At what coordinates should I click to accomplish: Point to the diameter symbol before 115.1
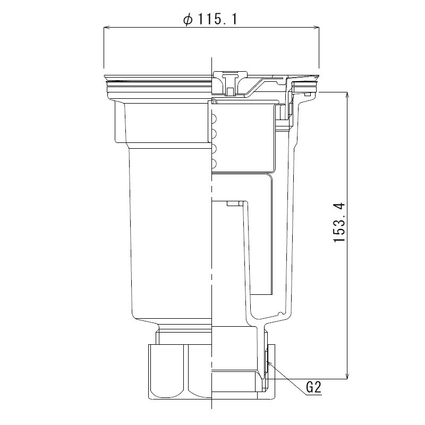point(188,20)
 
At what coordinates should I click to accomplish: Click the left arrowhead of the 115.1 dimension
point(106,28)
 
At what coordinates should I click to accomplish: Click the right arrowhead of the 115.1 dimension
point(318,28)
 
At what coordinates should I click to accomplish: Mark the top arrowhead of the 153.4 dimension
point(347,95)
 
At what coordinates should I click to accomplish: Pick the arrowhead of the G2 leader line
point(268,363)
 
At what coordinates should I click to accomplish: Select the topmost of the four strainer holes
point(214,118)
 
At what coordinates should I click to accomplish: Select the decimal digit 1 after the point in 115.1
point(233,20)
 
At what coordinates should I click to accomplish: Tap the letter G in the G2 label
point(310,388)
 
